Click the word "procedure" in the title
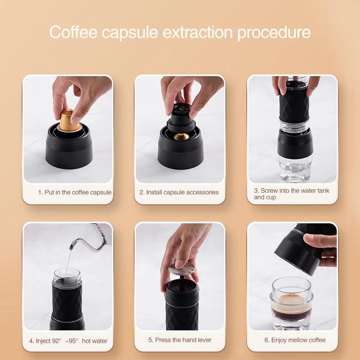(x=274, y=33)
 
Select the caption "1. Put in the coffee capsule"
(x=75, y=192)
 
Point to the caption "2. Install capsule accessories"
(x=179, y=192)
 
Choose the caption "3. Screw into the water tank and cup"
(x=291, y=194)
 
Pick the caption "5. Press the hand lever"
(x=180, y=340)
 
